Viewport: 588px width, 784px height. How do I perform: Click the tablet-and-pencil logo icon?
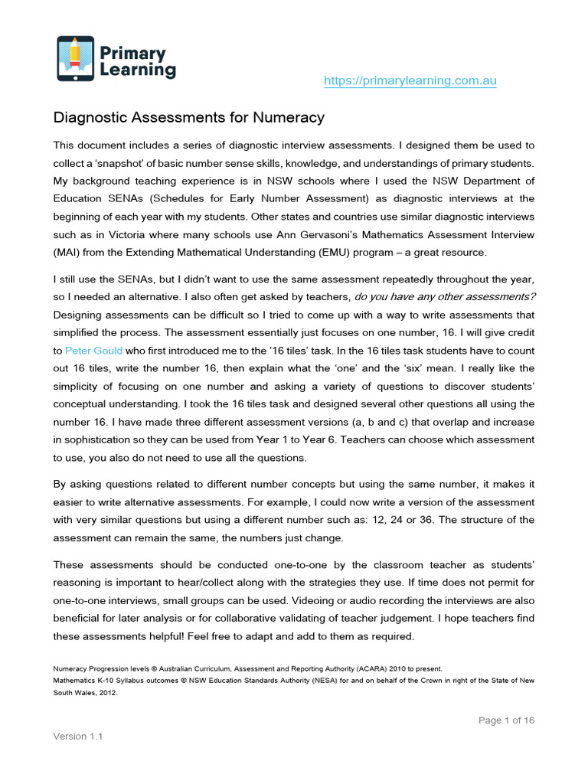(76, 58)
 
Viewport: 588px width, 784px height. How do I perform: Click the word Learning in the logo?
(139, 70)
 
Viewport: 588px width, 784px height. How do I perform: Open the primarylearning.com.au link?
(410, 80)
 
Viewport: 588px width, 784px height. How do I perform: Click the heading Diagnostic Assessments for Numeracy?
(188, 118)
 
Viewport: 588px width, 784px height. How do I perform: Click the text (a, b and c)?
(418, 422)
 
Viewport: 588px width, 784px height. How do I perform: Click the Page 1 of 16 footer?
(506, 720)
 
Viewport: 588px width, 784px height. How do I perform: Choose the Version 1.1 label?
(78, 736)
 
